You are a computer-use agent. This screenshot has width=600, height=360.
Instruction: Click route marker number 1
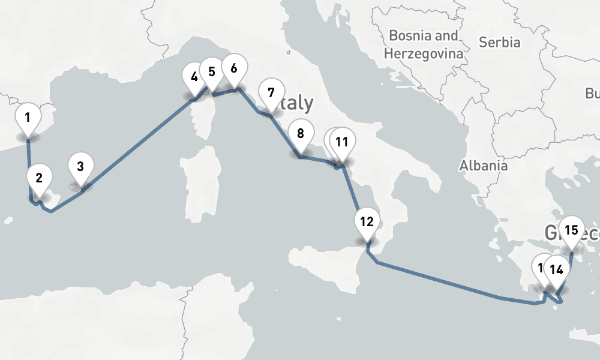pyautogui.click(x=28, y=117)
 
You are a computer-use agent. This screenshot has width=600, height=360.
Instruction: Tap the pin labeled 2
pyautogui.click(x=39, y=178)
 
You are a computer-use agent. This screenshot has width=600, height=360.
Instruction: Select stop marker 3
pyautogui.click(x=81, y=165)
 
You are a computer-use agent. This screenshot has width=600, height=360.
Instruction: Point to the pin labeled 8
pyautogui.click(x=301, y=133)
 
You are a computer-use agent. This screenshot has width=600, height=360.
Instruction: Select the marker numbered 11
pyautogui.click(x=342, y=142)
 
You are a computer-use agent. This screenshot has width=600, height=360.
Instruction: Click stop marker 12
pyautogui.click(x=367, y=221)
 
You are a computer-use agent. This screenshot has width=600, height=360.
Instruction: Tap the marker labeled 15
pyautogui.click(x=571, y=230)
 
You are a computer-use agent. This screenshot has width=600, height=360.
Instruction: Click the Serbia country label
pyautogui.click(x=499, y=43)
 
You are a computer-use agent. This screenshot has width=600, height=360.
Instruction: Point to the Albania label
pyautogui.click(x=484, y=166)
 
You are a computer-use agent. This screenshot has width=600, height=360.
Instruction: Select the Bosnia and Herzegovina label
pyautogui.click(x=424, y=44)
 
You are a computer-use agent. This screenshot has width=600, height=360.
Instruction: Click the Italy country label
pyautogui.click(x=297, y=104)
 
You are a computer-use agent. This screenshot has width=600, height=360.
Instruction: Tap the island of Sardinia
pyautogui.click(x=200, y=180)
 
